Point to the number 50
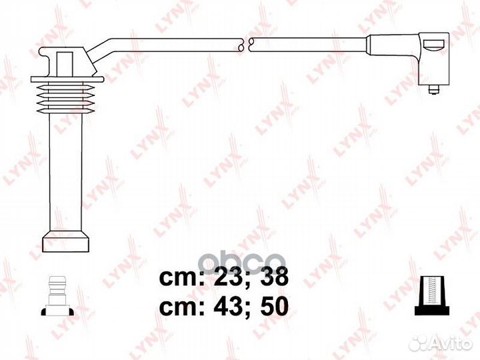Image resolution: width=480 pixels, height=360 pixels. [275, 307]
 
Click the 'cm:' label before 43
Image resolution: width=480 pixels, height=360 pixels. [183, 307]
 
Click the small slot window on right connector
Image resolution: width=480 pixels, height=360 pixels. [433, 47]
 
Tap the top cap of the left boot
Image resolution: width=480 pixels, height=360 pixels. [67, 61]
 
